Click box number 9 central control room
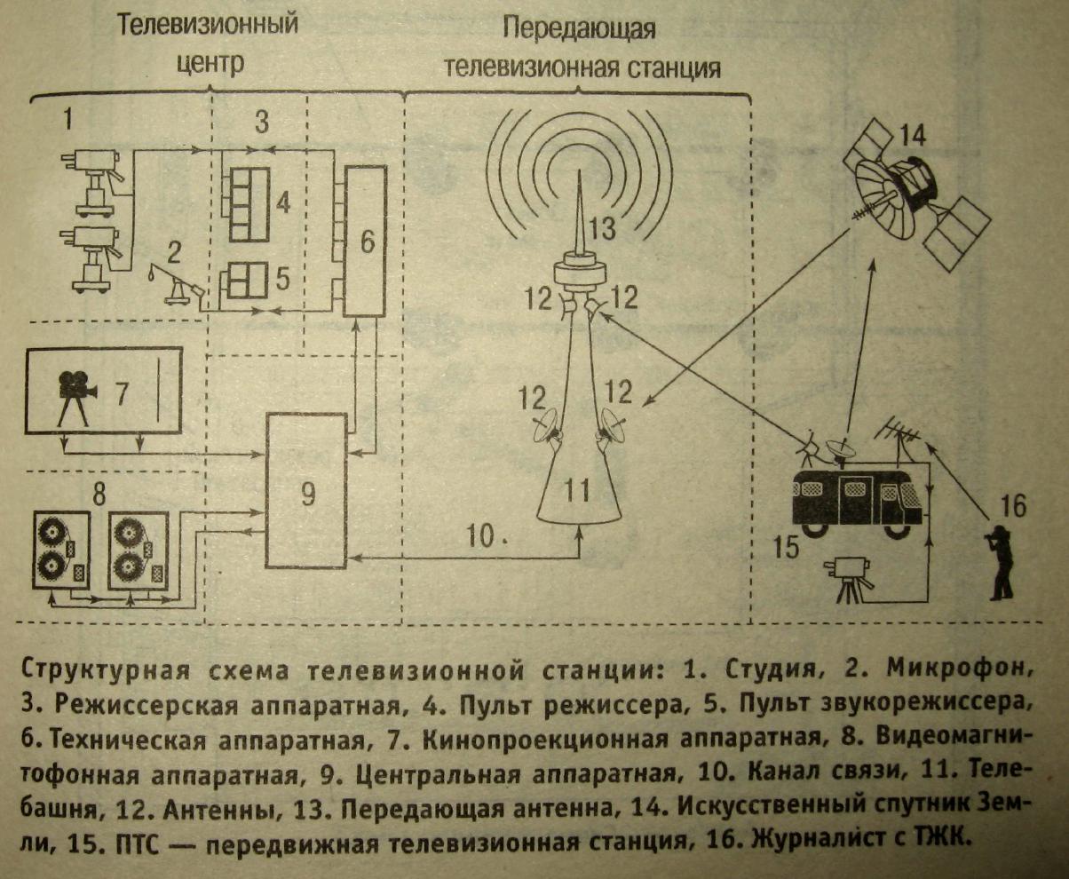[306, 491]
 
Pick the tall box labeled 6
[365, 241]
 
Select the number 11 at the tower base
[578, 490]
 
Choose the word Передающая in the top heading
[579, 30]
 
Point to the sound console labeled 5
[246, 280]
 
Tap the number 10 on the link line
[479, 535]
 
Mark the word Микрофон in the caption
[959, 669]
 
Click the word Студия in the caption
[771, 670]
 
